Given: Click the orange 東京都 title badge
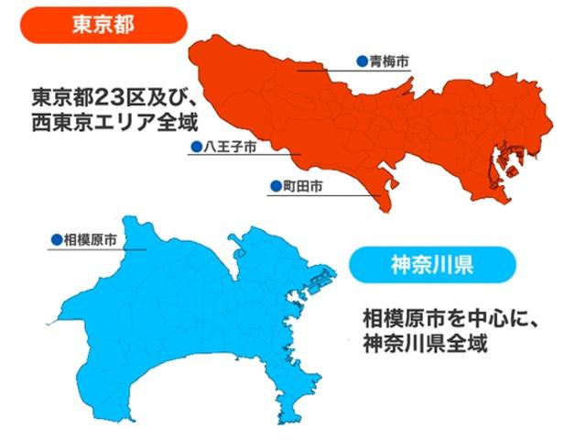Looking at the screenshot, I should pyautogui.click(x=103, y=25).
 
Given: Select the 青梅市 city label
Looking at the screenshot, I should pyautogui.click(x=388, y=61).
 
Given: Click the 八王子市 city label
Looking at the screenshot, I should pyautogui.click(x=227, y=147).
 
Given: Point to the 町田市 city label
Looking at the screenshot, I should pyautogui.click(x=302, y=186).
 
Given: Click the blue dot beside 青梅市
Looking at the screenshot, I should pyautogui.click(x=362, y=61).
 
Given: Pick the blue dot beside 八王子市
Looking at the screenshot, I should pyautogui.click(x=194, y=147).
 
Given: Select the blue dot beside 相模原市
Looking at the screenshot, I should pyautogui.click(x=55, y=239).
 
